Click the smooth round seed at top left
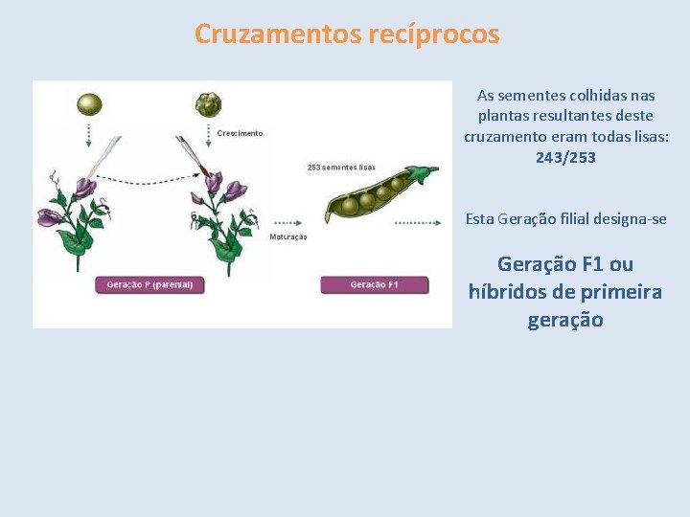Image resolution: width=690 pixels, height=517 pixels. tap(90, 103)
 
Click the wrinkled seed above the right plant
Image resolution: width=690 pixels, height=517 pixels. tap(208, 103)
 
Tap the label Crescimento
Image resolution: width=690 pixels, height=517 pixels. tap(240, 133)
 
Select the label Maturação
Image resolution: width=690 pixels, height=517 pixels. tap(287, 236)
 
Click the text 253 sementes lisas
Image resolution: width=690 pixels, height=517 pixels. tap(341, 168)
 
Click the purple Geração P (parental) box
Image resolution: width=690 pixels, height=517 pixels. tap(149, 284)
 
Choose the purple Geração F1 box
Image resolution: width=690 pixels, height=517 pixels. tap(374, 284)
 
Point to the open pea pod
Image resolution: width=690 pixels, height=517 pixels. tap(374, 197)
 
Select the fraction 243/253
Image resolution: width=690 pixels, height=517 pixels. tap(565, 157)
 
